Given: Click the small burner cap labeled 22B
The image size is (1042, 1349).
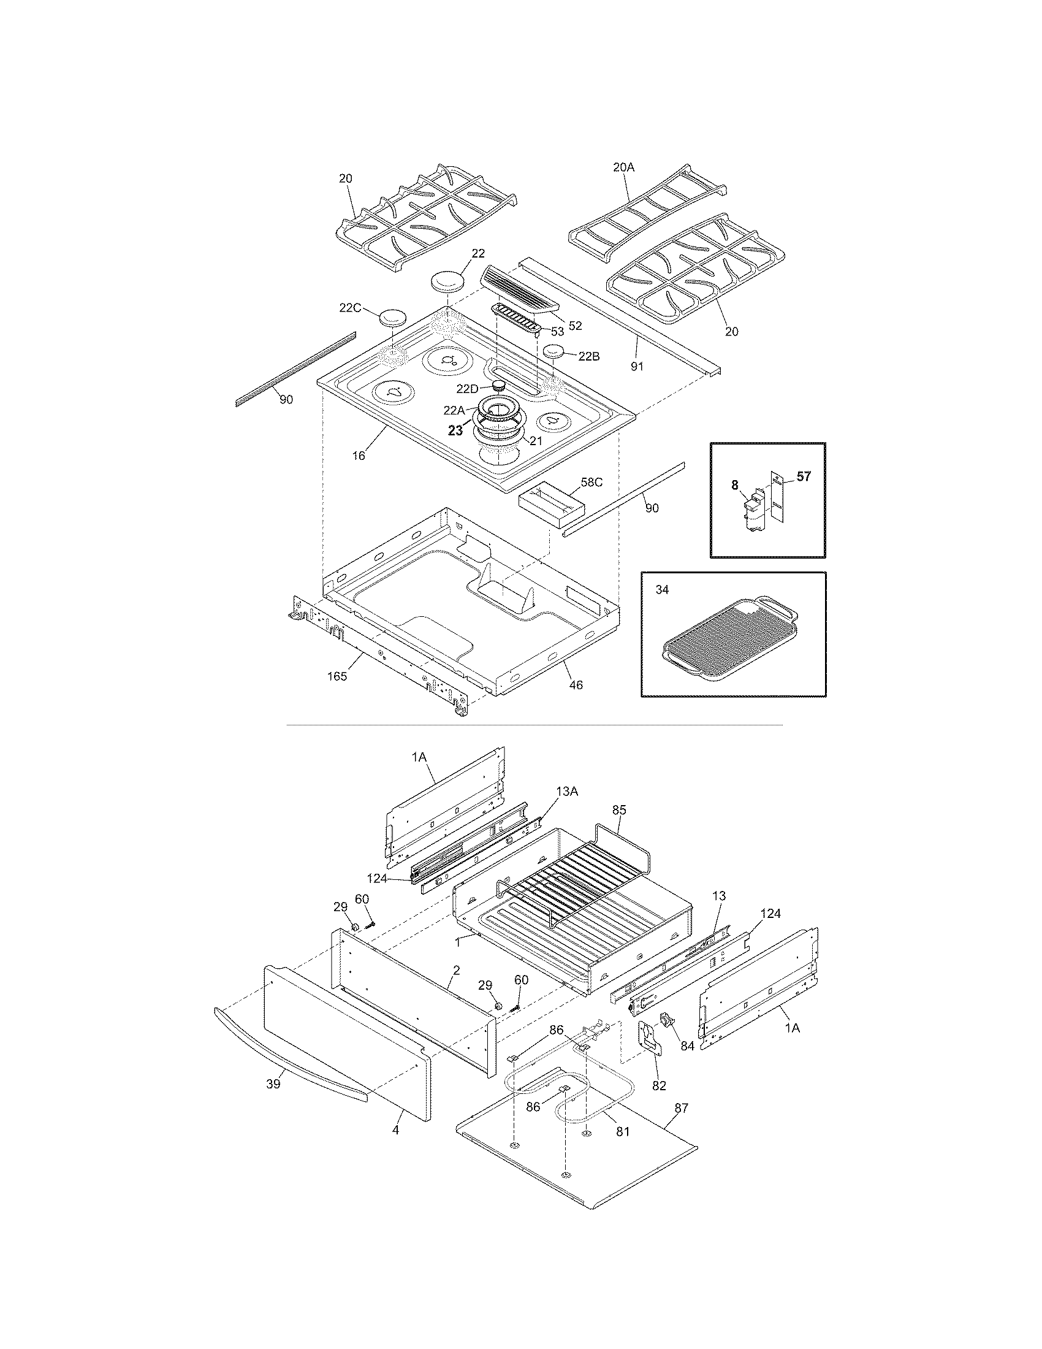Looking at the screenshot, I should (x=554, y=353).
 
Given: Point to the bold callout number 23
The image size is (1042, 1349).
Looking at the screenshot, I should (x=455, y=431).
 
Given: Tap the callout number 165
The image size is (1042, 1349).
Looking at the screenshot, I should (x=337, y=676).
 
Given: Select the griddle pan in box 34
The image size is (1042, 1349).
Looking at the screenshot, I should (x=728, y=640).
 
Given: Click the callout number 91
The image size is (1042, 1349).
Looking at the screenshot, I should (x=636, y=366).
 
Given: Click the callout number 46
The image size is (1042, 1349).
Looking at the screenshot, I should (x=576, y=684).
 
